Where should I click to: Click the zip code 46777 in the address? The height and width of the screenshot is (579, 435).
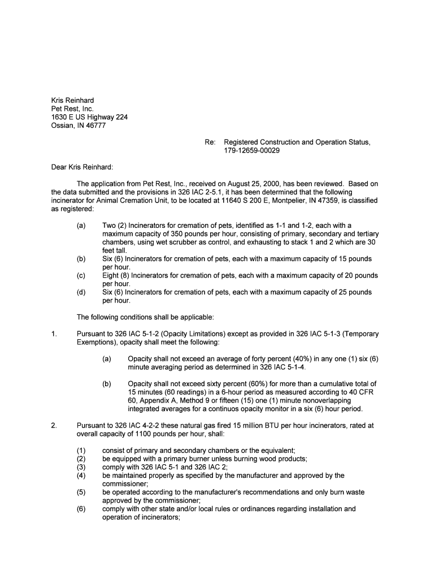click(94, 126)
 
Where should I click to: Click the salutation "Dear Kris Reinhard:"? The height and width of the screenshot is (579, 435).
click(82, 167)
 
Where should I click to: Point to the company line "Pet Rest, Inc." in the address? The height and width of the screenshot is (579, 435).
click(72, 109)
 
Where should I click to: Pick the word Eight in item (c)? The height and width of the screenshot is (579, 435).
click(112, 275)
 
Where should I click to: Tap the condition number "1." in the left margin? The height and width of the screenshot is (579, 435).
click(54, 334)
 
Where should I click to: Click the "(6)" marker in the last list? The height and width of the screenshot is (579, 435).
click(81, 509)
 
